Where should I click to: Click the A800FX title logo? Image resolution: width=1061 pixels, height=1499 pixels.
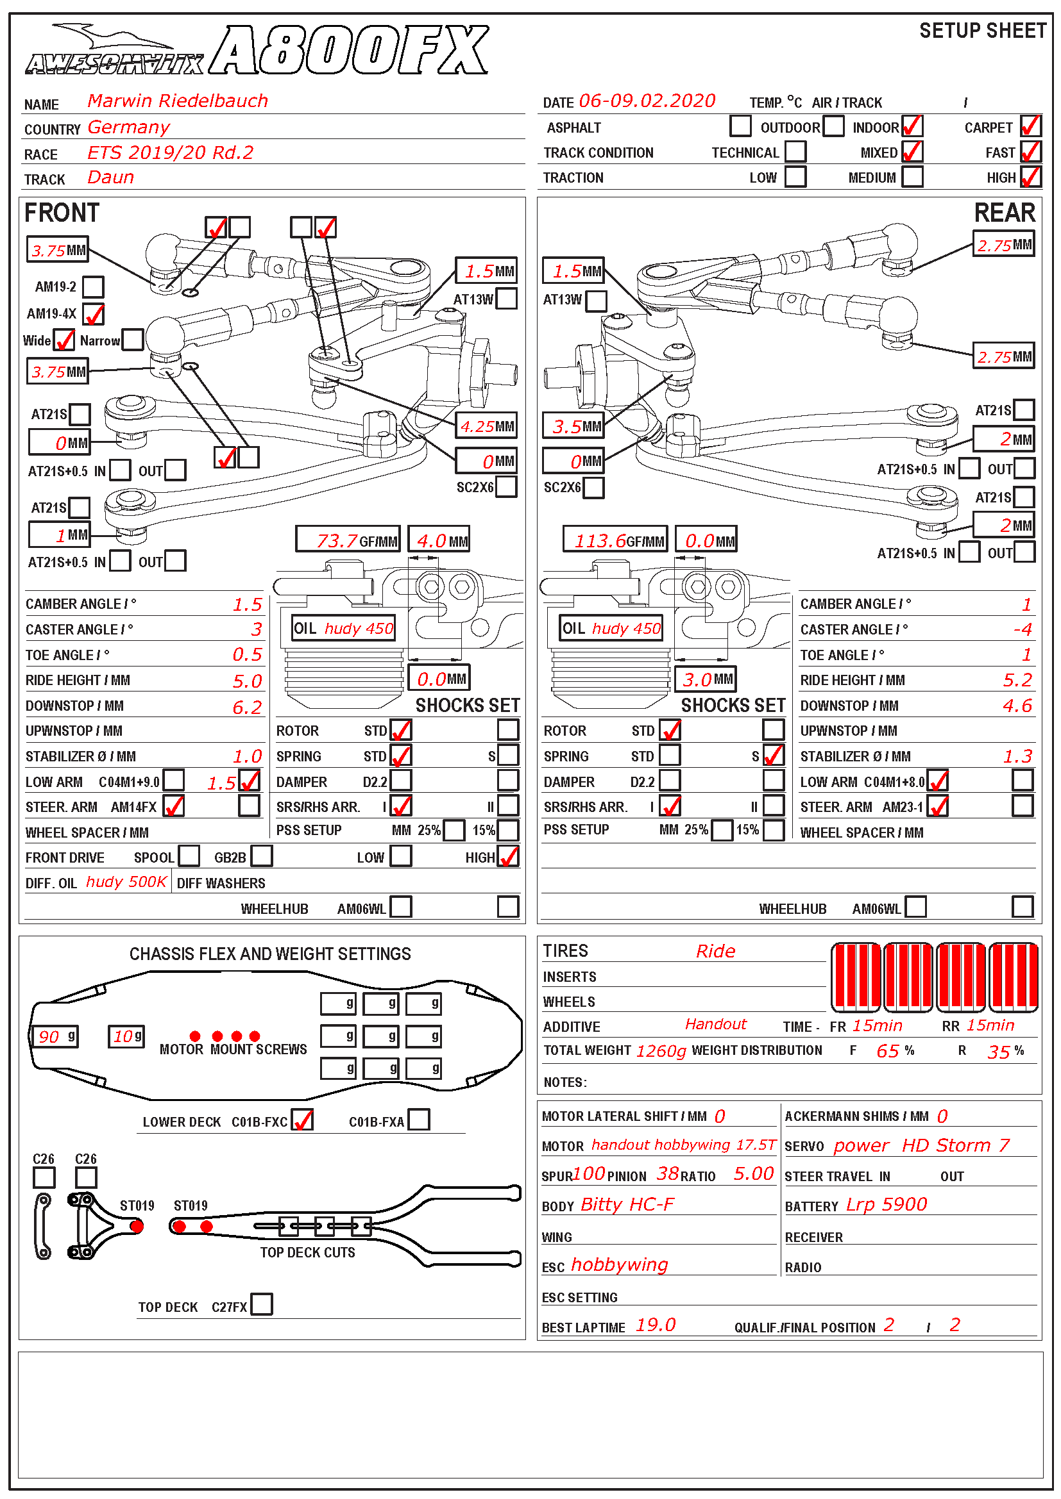350,51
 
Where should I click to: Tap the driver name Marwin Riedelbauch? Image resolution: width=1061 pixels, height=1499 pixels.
178,101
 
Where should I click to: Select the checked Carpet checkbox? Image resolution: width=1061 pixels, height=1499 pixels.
1030,126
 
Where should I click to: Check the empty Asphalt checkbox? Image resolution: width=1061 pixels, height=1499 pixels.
740,126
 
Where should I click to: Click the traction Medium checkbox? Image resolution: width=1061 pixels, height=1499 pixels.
912,177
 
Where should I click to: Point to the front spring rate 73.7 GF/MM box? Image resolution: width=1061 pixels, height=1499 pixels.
348,540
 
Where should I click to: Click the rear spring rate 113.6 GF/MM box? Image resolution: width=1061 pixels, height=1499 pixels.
615,540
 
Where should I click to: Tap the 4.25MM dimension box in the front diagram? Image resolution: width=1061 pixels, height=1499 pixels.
486,426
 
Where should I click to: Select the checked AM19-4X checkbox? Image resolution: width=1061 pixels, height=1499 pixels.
94,313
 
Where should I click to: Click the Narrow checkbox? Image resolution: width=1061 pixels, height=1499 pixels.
133,340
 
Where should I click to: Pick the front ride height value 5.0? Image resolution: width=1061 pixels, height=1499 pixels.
247,681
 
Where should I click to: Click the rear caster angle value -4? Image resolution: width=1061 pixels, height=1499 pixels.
1023,629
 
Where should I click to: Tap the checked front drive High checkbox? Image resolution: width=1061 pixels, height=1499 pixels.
508,857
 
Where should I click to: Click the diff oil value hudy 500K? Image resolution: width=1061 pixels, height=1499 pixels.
127,882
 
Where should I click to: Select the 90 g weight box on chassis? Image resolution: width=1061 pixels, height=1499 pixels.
56,1036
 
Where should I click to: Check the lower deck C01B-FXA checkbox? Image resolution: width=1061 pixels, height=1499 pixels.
419,1120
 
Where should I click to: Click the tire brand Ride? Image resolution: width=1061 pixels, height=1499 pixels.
715,951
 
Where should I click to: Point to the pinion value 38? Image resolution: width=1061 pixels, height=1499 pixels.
668,1174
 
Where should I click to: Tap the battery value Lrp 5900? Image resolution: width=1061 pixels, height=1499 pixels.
887,1204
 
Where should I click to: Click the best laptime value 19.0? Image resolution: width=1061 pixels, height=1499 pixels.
656,1325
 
